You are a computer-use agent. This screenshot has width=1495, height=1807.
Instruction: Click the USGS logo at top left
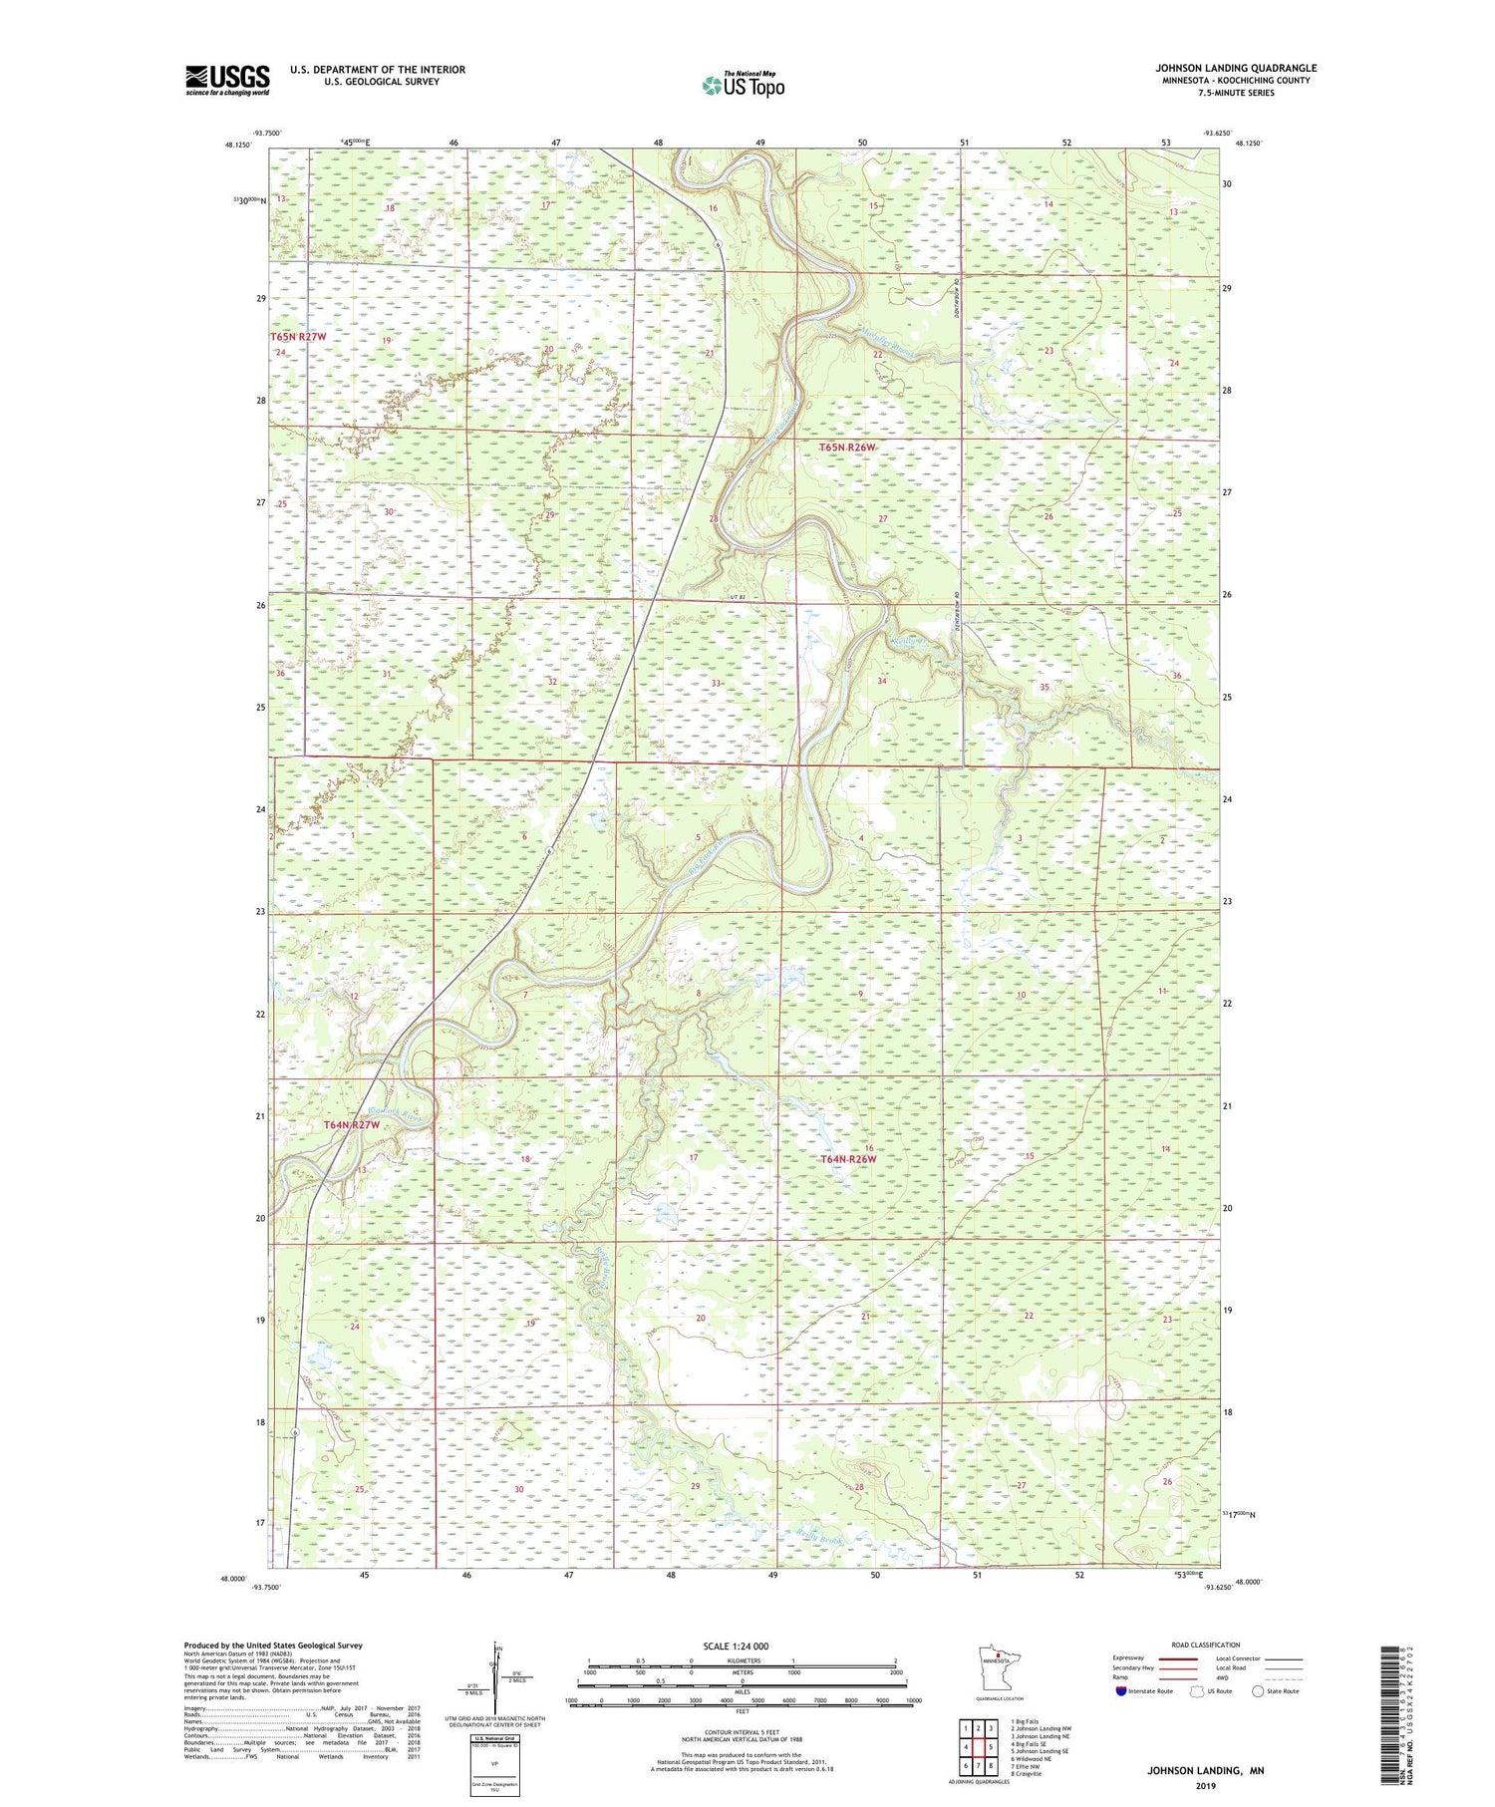click(227, 80)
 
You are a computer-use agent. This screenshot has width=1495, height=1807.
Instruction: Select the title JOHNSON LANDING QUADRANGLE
click(1235, 68)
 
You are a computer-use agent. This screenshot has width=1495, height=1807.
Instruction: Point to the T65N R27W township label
click(298, 338)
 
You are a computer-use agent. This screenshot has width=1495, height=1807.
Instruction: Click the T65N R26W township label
click(847, 448)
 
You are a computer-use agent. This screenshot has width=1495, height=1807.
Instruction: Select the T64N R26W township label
click(848, 1159)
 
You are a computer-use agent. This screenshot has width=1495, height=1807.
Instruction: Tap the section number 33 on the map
click(716, 683)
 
